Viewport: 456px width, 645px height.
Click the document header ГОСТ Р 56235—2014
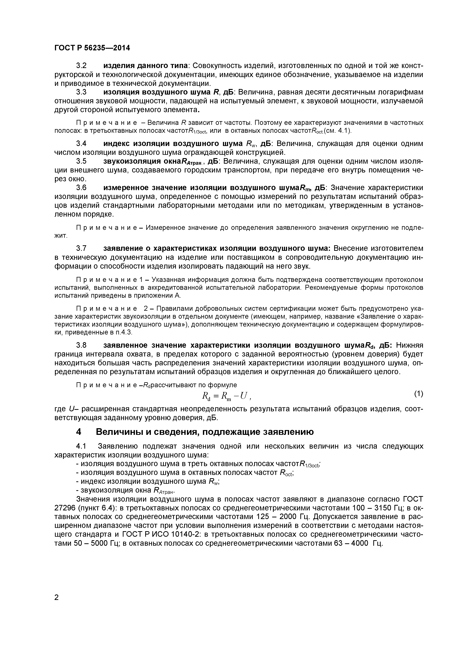coord(92,48)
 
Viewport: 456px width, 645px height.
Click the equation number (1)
coord(418,394)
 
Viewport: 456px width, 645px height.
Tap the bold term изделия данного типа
coord(145,66)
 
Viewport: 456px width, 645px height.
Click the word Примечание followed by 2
coord(107,309)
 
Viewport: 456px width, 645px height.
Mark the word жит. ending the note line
coord(61,235)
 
